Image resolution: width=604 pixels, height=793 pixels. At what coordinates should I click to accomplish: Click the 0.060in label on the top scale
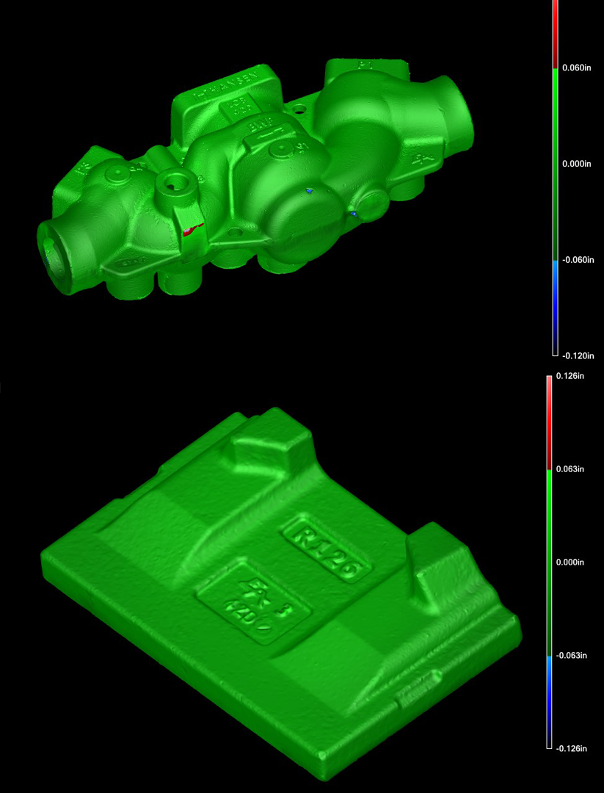pyautogui.click(x=576, y=68)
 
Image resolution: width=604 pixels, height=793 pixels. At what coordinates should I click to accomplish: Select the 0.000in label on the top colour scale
pyautogui.click(x=576, y=164)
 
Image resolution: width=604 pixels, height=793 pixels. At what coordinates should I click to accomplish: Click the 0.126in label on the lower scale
pyautogui.click(x=571, y=376)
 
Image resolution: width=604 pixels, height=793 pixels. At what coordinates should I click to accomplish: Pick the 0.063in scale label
pyautogui.click(x=571, y=469)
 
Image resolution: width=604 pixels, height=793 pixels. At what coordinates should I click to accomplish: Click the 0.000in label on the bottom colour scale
pyautogui.click(x=571, y=562)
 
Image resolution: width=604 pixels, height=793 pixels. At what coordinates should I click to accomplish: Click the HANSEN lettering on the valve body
pyautogui.click(x=224, y=87)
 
